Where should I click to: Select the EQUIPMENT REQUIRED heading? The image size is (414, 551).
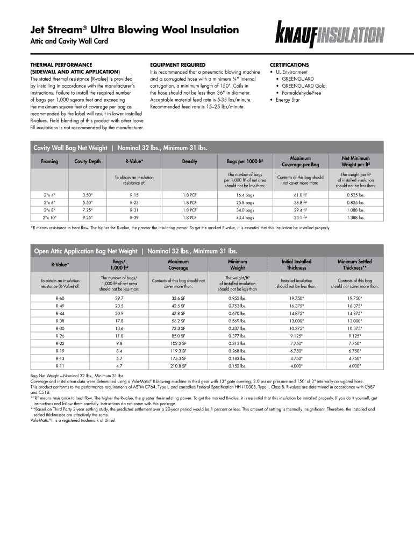(x=177, y=65)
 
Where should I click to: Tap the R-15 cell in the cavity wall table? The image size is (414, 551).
(x=134, y=195)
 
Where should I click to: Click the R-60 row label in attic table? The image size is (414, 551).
(x=60, y=298)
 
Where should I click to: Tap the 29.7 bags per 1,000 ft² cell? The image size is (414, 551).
(x=119, y=298)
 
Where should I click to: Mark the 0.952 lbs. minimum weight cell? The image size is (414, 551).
(x=237, y=298)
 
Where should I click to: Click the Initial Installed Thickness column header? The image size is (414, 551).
(x=296, y=265)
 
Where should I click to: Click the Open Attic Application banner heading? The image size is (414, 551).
(x=135, y=251)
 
